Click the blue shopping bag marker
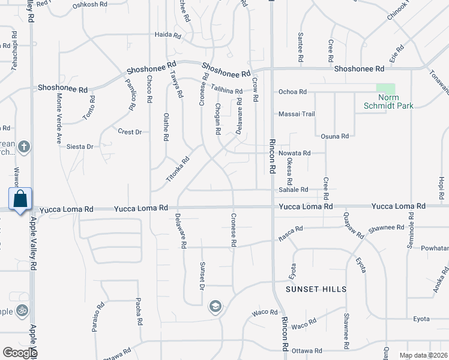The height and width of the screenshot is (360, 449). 20,199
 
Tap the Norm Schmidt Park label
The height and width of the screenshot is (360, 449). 388,101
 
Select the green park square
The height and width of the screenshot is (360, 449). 386,88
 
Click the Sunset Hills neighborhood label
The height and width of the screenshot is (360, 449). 316,289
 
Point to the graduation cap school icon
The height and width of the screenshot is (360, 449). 214,308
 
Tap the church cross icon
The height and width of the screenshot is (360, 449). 23,146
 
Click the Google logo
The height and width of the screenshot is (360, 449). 19,353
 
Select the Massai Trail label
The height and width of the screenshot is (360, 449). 297,114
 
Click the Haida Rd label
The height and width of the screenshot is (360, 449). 167,35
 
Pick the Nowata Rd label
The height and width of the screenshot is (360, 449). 294,154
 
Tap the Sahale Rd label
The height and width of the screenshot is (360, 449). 293,190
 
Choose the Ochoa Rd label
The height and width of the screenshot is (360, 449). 292,92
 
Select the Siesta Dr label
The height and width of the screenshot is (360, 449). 80,146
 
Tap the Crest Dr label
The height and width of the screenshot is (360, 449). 130,132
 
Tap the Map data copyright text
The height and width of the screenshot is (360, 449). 423,355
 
